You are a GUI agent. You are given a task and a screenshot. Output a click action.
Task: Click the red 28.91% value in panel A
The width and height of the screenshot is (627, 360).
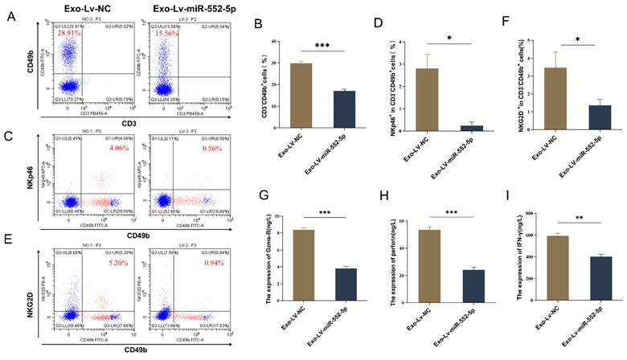pyautogui.click(x=70, y=35)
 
